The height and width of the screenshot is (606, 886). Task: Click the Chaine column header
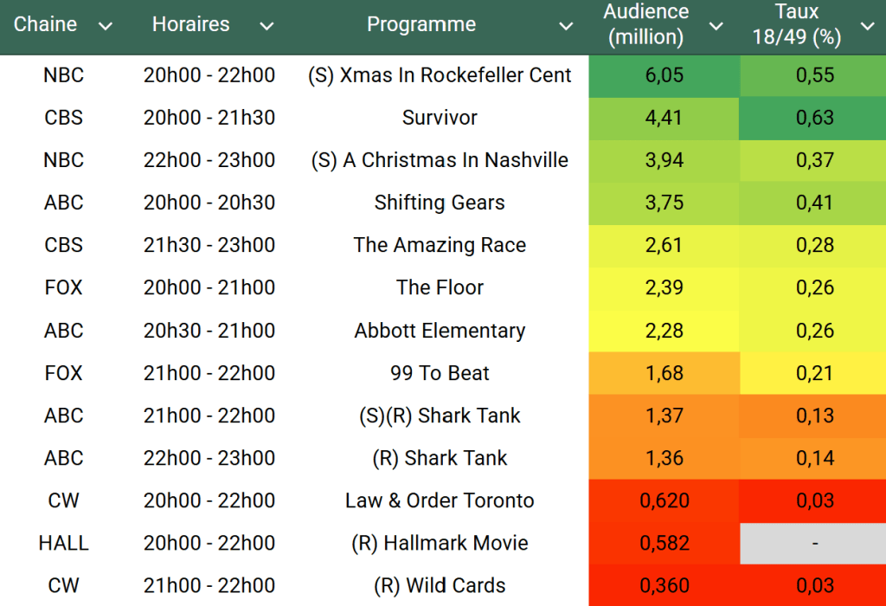(x=45, y=24)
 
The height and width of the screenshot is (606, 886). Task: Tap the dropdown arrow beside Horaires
(x=266, y=26)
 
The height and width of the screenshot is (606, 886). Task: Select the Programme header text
(x=421, y=24)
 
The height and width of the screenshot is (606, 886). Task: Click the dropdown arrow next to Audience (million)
(x=716, y=26)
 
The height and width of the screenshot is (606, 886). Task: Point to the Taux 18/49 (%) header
(x=797, y=24)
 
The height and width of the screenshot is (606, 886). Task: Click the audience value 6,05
(x=664, y=75)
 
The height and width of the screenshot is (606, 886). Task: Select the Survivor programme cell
(x=440, y=118)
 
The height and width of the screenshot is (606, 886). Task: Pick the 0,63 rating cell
(x=814, y=118)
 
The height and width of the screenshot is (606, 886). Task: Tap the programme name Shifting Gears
(x=440, y=203)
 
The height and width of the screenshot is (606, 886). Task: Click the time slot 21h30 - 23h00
(x=209, y=245)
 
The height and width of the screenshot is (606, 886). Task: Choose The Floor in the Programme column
(x=440, y=287)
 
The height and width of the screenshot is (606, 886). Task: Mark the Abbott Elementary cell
(x=440, y=331)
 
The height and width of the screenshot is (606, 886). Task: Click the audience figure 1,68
(x=664, y=373)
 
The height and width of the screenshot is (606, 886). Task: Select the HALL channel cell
(x=63, y=544)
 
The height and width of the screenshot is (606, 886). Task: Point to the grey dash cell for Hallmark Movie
(x=812, y=544)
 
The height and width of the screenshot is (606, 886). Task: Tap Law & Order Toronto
(x=440, y=500)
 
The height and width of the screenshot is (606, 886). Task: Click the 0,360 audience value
(x=664, y=586)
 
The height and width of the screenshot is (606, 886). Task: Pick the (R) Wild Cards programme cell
(x=440, y=586)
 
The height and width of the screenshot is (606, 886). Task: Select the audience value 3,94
(x=664, y=160)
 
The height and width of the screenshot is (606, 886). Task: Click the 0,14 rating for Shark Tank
(x=814, y=458)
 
